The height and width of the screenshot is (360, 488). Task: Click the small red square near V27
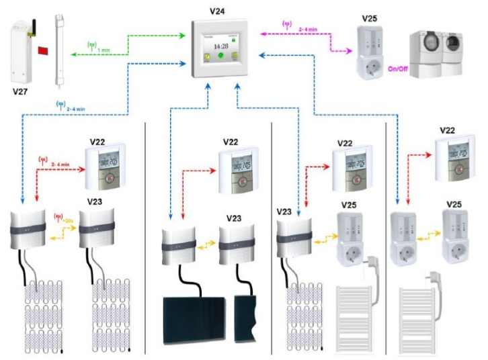click(42, 50)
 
